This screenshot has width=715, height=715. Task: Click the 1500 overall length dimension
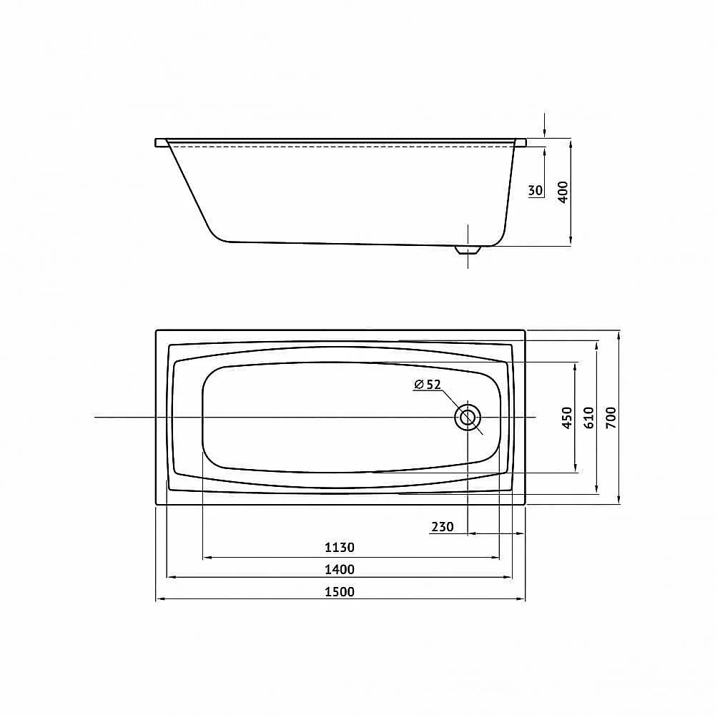[339, 591]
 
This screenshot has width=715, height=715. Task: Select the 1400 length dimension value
[339, 569]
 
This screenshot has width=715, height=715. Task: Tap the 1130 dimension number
[339, 547]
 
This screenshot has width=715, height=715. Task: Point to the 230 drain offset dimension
[443, 527]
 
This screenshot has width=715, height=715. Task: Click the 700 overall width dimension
[611, 418]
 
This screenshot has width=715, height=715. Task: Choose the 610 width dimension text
[588, 418]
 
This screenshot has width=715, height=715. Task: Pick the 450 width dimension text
[567, 418]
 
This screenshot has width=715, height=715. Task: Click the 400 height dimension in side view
[563, 192]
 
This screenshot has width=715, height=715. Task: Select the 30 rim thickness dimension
[536, 189]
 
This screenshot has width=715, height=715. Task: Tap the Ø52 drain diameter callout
[428, 385]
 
